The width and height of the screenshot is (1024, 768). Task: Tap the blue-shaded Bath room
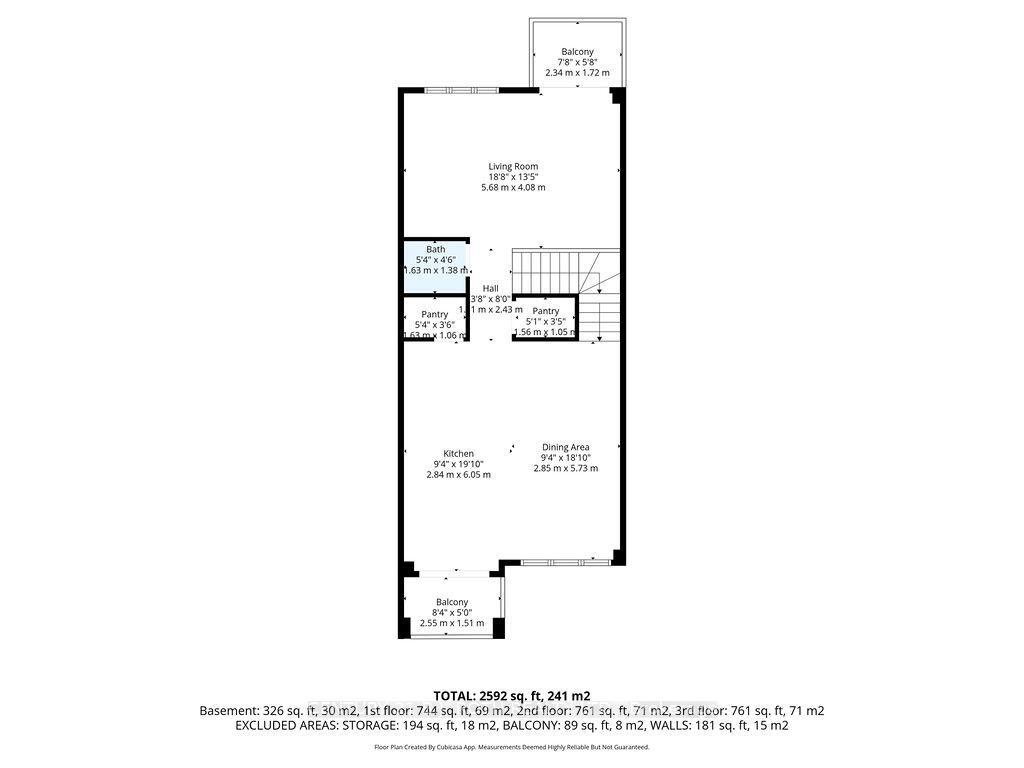(x=436, y=268)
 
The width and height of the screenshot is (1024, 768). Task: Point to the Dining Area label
(x=565, y=447)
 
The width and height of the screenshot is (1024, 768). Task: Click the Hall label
(x=490, y=288)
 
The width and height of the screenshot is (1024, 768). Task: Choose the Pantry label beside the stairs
(x=545, y=311)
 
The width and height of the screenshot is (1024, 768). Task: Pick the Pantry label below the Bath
(x=434, y=314)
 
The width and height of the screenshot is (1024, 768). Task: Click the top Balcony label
(x=577, y=52)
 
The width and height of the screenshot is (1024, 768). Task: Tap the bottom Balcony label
(x=452, y=601)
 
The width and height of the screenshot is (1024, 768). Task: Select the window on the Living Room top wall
(x=461, y=91)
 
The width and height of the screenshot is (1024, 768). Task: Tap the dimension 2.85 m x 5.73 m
(x=565, y=468)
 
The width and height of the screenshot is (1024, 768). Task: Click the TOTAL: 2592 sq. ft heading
(x=511, y=695)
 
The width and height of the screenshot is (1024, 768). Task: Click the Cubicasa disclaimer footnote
(x=511, y=747)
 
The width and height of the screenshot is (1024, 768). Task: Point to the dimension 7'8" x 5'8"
(x=577, y=62)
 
